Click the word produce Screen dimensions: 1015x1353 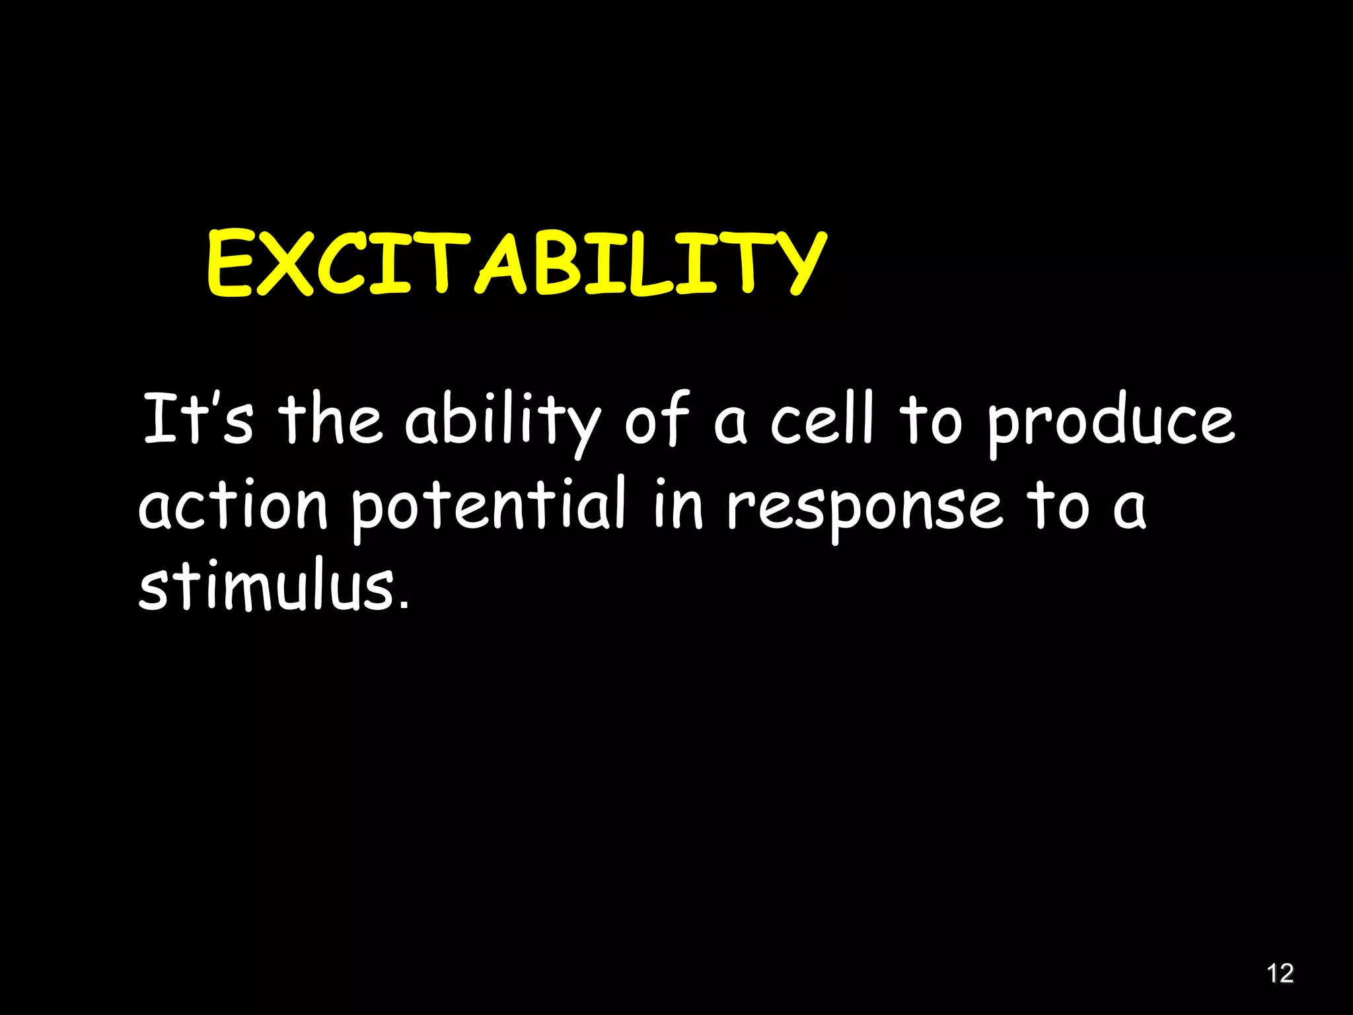coord(1110,423)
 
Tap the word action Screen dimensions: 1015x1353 coord(233,505)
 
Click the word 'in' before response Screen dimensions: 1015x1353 coord(678,505)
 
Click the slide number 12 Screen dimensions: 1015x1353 coord(1280,973)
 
